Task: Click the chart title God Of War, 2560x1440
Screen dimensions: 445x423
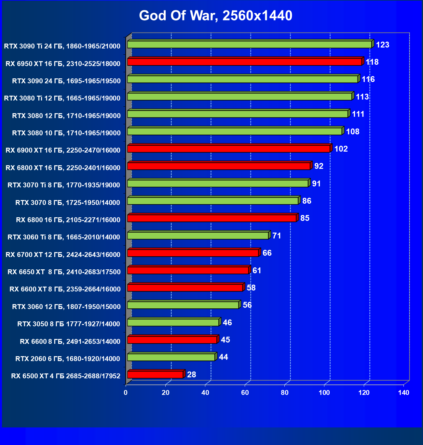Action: click(215, 16)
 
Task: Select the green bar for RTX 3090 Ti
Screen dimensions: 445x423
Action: click(249, 45)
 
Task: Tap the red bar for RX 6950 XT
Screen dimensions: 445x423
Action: click(244, 62)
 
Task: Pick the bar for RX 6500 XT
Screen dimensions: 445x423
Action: click(155, 375)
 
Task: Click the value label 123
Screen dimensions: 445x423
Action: click(382, 45)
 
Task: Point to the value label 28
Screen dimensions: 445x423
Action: click(192, 375)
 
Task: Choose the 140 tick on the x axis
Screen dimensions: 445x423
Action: click(403, 393)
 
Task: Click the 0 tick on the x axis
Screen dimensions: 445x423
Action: click(126, 393)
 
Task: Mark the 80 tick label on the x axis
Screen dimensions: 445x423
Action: click(285, 393)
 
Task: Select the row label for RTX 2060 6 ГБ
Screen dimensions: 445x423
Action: click(68, 359)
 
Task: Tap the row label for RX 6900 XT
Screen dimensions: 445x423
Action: click(63, 150)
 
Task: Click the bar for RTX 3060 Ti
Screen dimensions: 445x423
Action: click(198, 236)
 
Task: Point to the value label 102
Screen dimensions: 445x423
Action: click(341, 149)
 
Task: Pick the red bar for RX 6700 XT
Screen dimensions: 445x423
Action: click(193, 253)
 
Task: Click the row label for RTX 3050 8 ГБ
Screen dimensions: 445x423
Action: click(69, 324)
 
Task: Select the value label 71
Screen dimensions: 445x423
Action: click(277, 236)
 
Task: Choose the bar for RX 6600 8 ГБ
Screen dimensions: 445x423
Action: click(172, 340)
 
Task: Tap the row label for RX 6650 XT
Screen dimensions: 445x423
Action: click(64, 272)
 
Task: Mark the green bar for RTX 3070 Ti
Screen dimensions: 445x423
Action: click(218, 183)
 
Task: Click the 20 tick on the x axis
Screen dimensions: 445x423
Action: click(166, 393)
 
